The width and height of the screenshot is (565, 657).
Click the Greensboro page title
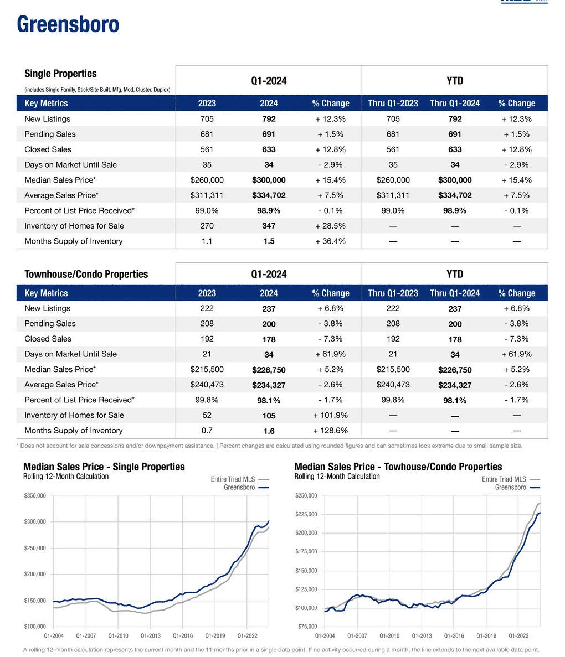tap(68, 25)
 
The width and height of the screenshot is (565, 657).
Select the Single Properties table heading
tap(60, 74)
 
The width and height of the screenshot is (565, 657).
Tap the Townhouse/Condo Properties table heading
tap(86, 274)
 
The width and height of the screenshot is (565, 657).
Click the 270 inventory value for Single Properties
tap(207, 226)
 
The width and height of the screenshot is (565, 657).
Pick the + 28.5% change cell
tap(330, 226)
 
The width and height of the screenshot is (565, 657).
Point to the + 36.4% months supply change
tap(330, 241)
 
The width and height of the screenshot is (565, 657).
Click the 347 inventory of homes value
tap(269, 226)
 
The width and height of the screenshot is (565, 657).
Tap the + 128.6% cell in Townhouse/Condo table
tap(330, 431)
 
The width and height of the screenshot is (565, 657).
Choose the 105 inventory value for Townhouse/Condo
tap(269, 416)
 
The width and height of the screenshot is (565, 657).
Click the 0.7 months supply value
tap(207, 431)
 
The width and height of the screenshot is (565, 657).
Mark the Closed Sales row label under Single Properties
tap(48, 149)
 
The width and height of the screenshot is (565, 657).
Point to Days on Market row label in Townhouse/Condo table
tap(70, 354)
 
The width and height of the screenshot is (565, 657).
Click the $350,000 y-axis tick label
tap(35, 495)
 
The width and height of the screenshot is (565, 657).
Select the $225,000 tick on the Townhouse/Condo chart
tap(306, 514)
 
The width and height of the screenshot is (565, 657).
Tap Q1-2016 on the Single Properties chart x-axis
tap(183, 637)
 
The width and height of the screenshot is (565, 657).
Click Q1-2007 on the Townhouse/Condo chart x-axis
tap(357, 637)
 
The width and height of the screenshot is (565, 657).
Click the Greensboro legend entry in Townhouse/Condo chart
tap(510, 488)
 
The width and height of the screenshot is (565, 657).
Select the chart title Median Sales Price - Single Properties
tap(104, 467)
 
